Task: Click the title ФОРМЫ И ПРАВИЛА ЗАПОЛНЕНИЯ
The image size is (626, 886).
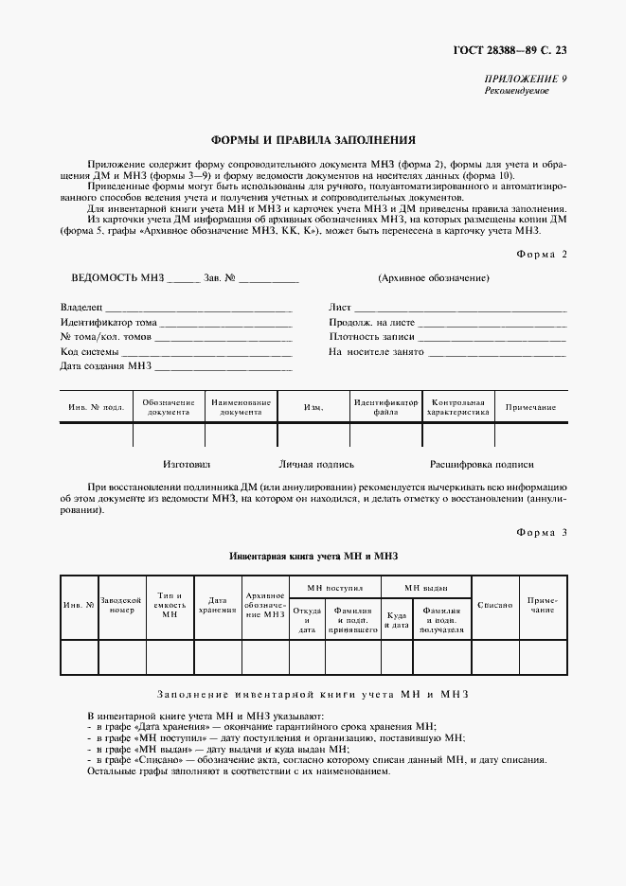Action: (x=313, y=138)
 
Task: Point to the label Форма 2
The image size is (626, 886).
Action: (x=542, y=254)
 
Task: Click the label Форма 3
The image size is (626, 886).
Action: (x=542, y=533)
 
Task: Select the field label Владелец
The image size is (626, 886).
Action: (x=80, y=308)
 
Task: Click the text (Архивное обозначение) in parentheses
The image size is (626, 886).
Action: (x=433, y=278)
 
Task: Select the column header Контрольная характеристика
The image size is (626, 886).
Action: (x=457, y=407)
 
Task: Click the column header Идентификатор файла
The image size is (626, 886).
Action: (x=385, y=407)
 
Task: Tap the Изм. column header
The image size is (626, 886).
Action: (x=313, y=408)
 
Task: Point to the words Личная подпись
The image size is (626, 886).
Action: (x=316, y=465)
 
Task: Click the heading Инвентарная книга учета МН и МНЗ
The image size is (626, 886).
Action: (x=314, y=558)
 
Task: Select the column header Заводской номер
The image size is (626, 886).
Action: (x=122, y=605)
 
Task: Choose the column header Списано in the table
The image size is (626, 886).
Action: (x=495, y=604)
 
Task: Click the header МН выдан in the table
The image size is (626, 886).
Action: (x=426, y=587)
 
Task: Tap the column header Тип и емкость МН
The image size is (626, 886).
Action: (x=170, y=604)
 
